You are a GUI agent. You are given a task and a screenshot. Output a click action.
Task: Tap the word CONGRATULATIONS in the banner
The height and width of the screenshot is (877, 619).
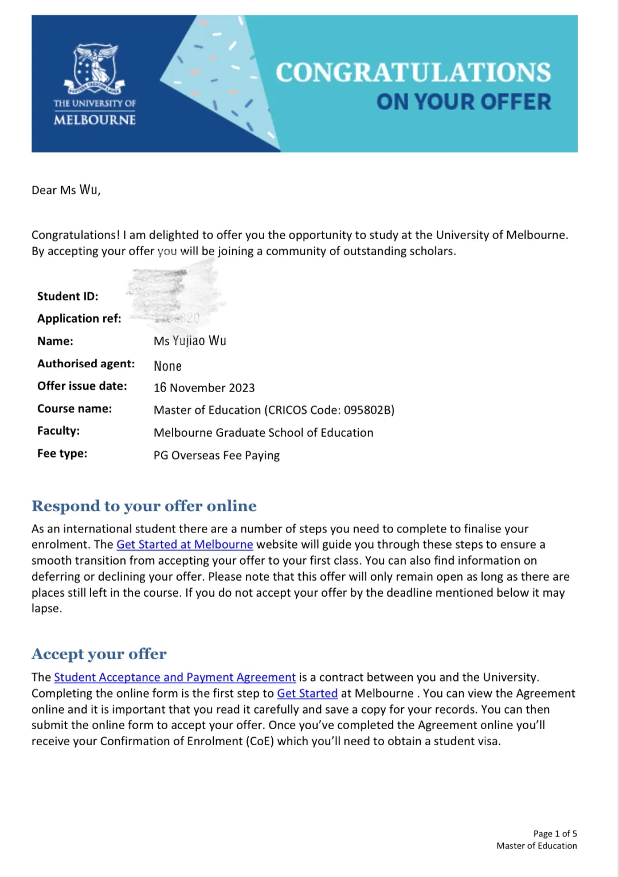click(413, 73)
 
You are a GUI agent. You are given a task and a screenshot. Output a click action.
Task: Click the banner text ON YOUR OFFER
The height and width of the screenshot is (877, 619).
click(463, 102)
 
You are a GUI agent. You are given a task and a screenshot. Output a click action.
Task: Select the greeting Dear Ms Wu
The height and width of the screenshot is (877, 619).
click(66, 190)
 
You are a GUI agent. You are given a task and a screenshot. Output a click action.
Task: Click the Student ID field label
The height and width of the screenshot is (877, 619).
click(68, 296)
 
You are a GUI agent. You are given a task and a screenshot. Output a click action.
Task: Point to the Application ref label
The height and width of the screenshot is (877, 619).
click(79, 319)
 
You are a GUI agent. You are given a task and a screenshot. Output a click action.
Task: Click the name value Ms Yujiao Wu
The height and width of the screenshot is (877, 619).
click(190, 341)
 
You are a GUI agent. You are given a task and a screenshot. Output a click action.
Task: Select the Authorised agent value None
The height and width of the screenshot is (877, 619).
click(167, 366)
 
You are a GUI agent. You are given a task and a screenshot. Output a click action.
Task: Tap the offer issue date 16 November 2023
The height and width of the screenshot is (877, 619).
click(204, 388)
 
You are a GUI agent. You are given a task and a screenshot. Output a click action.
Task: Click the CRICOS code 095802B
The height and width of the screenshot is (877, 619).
click(369, 410)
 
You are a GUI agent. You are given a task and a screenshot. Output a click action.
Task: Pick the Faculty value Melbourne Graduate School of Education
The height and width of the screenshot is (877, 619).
click(263, 433)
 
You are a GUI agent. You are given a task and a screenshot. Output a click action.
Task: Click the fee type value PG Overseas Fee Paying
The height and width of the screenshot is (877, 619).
click(217, 456)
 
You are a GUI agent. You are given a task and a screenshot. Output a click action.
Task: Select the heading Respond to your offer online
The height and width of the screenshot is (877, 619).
click(144, 506)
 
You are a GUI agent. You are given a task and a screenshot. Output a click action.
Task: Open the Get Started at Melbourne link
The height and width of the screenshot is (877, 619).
click(185, 545)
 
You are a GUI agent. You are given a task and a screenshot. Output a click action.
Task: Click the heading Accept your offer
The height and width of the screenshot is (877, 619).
click(99, 654)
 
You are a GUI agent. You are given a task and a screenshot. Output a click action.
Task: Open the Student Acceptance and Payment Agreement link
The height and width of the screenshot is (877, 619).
click(175, 678)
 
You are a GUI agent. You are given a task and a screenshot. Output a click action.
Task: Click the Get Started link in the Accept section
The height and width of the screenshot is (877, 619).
click(307, 694)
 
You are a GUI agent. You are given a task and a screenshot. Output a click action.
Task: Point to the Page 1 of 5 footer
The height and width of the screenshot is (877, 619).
click(555, 833)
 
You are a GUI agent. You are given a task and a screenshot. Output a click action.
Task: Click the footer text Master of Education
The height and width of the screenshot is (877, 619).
click(536, 845)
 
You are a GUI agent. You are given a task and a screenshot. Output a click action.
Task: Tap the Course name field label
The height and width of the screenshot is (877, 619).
click(75, 409)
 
